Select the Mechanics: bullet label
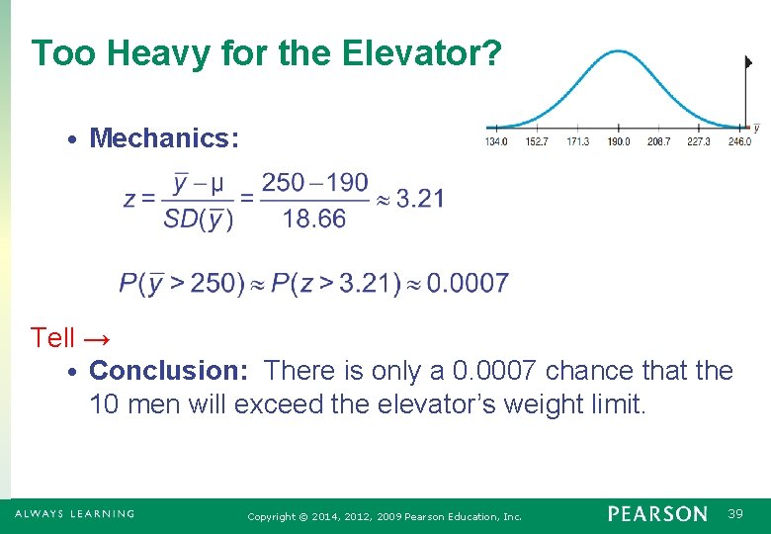tap(164, 137)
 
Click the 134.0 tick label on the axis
tap(496, 142)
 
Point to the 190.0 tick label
tap(618, 142)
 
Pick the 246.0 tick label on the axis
tap(739, 142)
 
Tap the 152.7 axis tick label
tap(537, 142)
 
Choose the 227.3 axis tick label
tap(699, 142)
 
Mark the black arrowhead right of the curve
tap(748, 61)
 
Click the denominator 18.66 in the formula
tap(314, 219)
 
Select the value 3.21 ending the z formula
tap(420, 199)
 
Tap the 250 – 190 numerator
tap(314, 182)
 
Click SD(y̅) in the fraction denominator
tap(199, 219)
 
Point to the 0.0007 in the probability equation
tap(469, 284)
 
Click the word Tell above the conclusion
tap(52, 338)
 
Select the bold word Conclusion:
tap(173, 371)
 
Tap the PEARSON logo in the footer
tap(657, 514)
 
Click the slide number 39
tap(735, 514)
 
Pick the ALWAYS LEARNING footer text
tap(74, 514)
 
